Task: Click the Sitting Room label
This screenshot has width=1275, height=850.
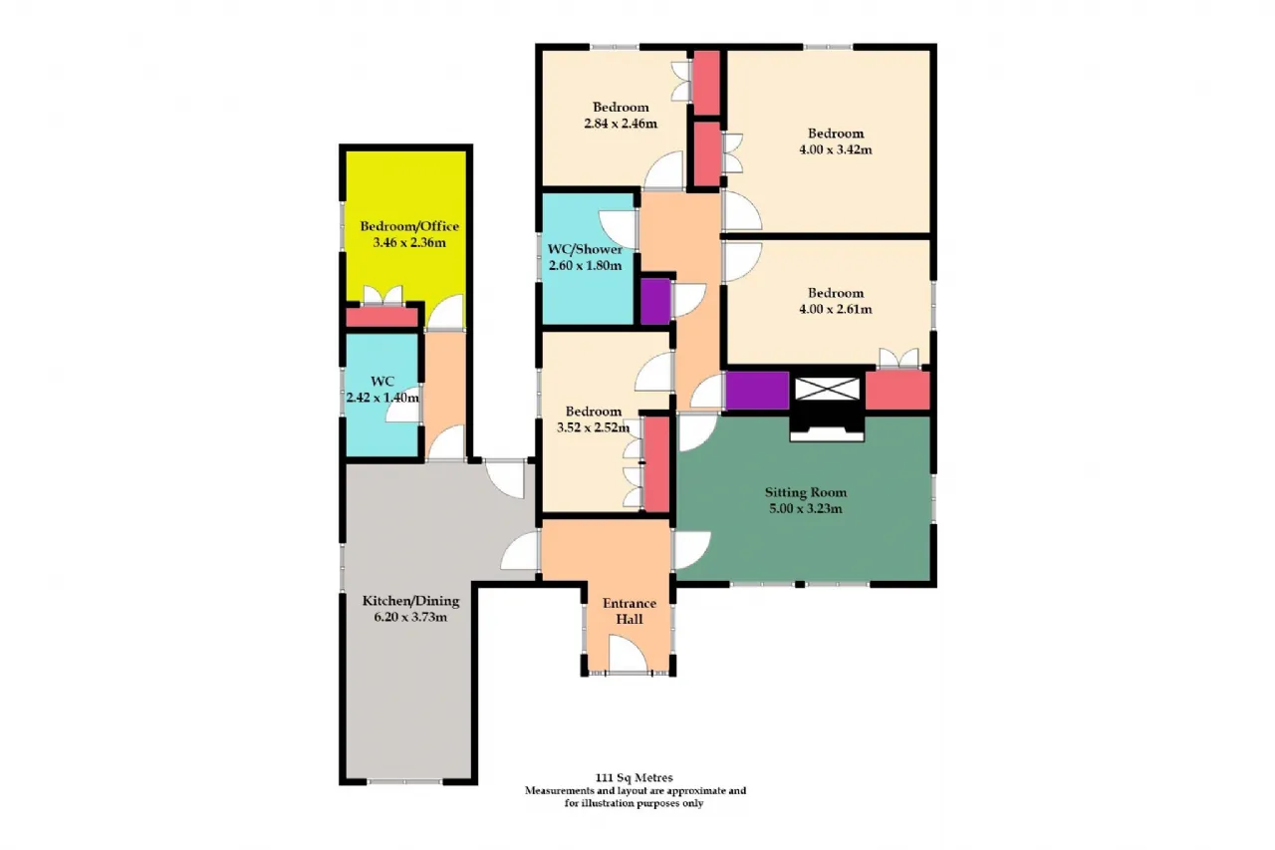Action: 806,492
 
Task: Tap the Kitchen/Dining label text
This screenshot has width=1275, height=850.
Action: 410,601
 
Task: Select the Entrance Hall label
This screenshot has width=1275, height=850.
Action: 630,611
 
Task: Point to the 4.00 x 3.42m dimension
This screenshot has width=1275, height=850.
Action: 836,149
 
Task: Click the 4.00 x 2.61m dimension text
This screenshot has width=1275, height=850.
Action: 836,309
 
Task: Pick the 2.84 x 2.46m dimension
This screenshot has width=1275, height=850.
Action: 621,123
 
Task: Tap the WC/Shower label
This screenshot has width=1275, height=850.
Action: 585,249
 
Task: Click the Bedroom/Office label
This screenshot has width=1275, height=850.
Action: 409,226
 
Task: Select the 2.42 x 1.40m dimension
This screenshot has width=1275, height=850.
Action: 382,398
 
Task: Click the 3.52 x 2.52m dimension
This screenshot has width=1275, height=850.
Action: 593,426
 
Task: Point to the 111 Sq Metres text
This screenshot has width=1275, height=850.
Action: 635,777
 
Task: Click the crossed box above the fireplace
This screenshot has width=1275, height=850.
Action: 827,389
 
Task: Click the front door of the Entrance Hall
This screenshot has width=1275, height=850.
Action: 628,654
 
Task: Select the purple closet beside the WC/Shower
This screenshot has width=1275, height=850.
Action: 655,301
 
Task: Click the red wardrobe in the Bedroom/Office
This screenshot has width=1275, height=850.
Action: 382,317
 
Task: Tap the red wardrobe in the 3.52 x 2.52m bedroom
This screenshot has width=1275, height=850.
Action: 656,464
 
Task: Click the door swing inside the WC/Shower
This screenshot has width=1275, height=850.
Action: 618,229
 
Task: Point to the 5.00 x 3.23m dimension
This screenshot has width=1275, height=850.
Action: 806,508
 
